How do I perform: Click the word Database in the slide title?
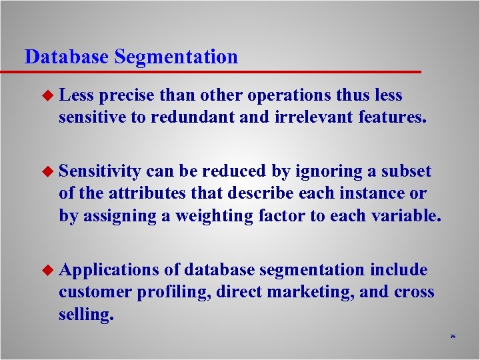pos(67,57)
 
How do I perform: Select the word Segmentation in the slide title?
pos(176,57)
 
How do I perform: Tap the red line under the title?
pos(220,71)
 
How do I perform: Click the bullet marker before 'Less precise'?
pos(48,96)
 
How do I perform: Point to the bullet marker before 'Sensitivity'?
pos(48,172)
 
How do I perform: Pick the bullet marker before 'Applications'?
pos(48,270)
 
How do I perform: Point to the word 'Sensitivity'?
pos(99,172)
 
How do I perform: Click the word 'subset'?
pos(406,172)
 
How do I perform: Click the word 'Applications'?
pos(108,270)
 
